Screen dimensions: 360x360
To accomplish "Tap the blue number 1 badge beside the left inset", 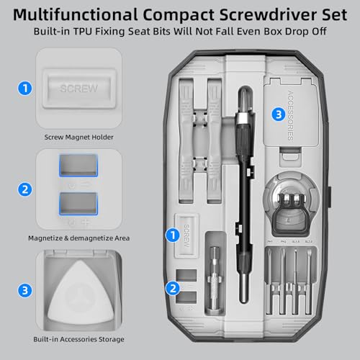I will pyautogui.click(x=25, y=89).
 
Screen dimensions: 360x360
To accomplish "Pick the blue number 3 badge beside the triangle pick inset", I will pyautogui.click(x=25, y=291).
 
